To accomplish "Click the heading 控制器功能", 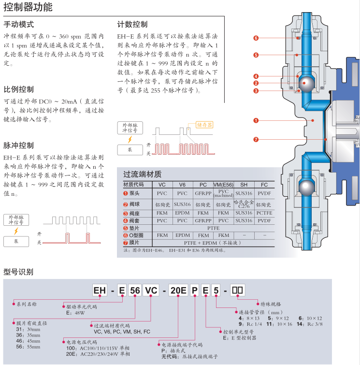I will tap(28, 7).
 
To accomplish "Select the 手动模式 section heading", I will tap(19, 24).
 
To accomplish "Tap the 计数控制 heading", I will tap(132, 24).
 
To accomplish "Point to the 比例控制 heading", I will tap(19, 89).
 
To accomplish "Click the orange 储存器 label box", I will tap(204, 125).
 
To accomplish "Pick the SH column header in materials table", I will tap(244, 185).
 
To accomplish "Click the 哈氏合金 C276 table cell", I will tap(244, 203).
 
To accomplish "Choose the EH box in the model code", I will tap(100, 291).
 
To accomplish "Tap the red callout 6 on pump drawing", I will tap(256, 38).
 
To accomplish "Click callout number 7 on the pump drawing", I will tap(256, 140).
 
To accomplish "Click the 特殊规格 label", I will tap(270, 304).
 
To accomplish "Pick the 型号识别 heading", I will tap(19, 271).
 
